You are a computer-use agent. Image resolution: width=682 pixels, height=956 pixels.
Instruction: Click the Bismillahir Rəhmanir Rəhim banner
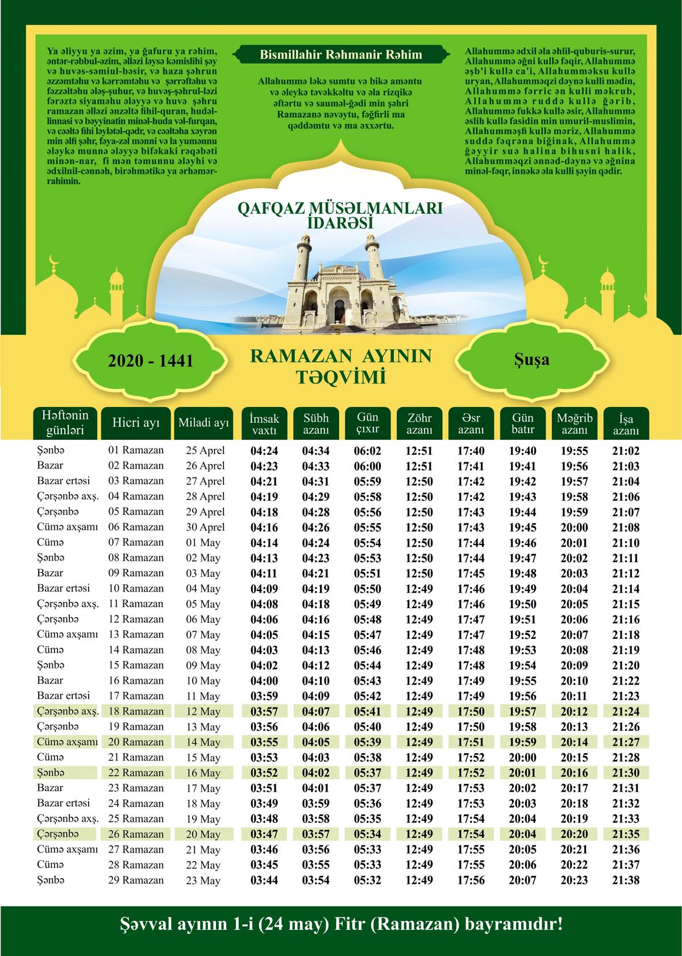tap(340, 55)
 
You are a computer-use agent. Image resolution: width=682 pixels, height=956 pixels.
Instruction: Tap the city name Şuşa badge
tap(531, 360)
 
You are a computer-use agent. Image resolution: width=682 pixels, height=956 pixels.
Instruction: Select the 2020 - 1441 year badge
tap(151, 361)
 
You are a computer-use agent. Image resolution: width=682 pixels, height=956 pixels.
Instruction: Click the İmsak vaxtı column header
tap(264, 424)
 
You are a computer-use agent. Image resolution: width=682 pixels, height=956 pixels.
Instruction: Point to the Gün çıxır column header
tap(368, 423)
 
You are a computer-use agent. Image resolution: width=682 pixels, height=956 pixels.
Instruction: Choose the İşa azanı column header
tap(626, 424)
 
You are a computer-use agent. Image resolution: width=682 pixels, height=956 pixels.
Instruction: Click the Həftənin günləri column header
tap(65, 423)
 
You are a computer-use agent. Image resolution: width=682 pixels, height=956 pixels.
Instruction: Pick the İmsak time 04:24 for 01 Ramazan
tap(264, 451)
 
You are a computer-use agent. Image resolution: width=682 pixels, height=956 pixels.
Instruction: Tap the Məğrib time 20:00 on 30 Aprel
tap(574, 528)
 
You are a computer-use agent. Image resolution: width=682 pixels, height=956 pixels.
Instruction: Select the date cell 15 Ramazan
tap(136, 665)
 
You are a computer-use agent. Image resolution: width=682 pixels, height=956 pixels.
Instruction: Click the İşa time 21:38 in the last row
tap(626, 880)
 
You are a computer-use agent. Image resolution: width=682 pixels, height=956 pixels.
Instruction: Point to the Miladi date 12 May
tap(203, 712)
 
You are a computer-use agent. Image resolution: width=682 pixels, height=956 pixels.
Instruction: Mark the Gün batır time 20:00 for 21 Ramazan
tap(522, 758)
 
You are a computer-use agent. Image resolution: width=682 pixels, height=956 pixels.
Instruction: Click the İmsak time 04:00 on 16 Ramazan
tap(264, 681)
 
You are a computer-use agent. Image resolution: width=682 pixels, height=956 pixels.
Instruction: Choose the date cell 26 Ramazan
tap(136, 834)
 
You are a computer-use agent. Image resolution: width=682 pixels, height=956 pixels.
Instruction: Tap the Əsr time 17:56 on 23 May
tap(471, 880)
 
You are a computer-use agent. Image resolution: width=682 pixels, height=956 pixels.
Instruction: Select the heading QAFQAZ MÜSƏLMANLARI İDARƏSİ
tap(340, 215)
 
